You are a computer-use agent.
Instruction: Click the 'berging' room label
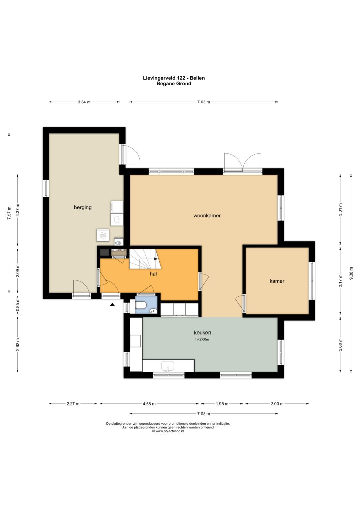tap(83, 207)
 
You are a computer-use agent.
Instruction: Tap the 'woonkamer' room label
tap(207, 216)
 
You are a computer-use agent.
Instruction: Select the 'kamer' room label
tap(277, 281)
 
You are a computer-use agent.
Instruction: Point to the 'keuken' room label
tap(202, 332)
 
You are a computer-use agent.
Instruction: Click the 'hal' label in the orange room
tap(153, 274)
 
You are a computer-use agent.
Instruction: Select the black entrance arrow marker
tap(112, 305)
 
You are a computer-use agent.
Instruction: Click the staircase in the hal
tap(145, 259)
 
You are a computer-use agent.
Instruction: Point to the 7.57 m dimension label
tap(9, 213)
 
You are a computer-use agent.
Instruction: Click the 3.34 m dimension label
tap(84, 102)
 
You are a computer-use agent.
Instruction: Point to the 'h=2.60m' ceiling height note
tap(202, 339)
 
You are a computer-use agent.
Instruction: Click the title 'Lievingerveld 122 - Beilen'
tap(174, 78)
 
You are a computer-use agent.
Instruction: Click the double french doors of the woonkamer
tap(243, 162)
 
